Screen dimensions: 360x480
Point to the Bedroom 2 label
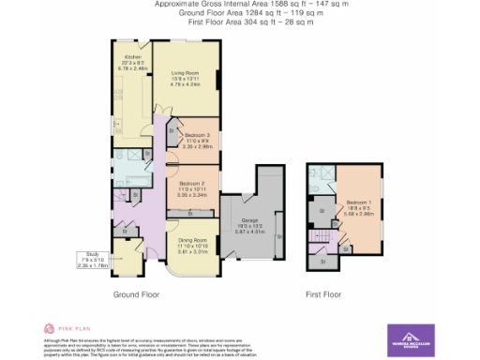point(192,190)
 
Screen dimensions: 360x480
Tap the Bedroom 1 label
point(360,208)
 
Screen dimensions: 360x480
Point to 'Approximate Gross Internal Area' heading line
point(240,5)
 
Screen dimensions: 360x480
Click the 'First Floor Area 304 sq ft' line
point(240,22)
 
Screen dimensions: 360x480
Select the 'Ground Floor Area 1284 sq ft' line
point(240,13)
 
